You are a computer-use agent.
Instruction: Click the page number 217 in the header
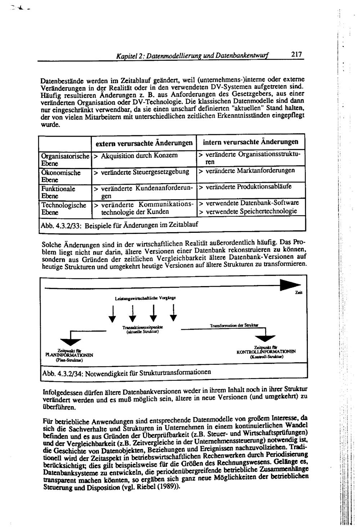coord(297,55)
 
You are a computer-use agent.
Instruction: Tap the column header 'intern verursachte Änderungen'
coord(251,142)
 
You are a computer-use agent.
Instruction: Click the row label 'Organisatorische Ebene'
coord(65,159)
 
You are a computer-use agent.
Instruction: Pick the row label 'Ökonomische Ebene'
coord(60,176)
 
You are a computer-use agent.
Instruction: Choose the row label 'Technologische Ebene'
coord(64,209)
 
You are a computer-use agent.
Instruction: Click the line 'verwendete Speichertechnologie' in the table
coord(251,211)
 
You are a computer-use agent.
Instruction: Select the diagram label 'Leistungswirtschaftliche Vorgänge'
coord(145,298)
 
